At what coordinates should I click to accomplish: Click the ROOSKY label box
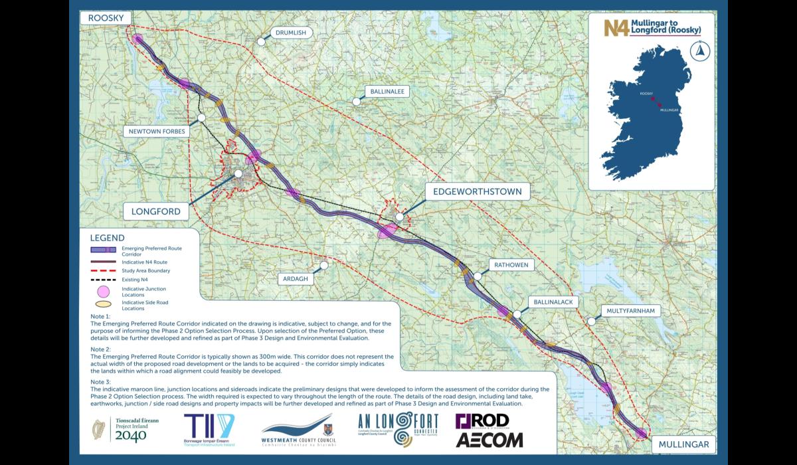pos(104,17)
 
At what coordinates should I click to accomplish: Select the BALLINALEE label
pos(388,92)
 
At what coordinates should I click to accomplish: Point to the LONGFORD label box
pos(156,211)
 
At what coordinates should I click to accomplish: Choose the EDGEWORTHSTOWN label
pos(478,192)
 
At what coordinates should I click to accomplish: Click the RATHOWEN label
pos(510,265)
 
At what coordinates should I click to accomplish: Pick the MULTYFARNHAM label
pos(630,310)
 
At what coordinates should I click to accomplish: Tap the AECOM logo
pos(489,439)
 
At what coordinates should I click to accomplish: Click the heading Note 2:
pos(101,349)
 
